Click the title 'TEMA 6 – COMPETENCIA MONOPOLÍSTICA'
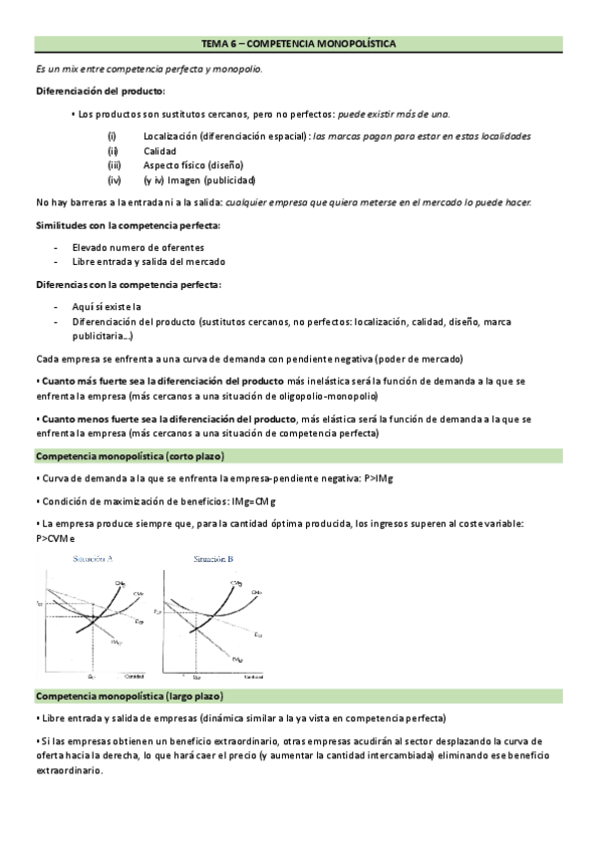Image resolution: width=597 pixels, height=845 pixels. [x=298, y=45]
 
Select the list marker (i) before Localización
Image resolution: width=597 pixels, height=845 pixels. [x=113, y=136]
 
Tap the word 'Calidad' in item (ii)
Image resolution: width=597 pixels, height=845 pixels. [x=160, y=150]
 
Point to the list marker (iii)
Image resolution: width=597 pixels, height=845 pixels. [x=115, y=165]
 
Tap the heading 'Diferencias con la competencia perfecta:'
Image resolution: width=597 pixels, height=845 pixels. [x=129, y=285]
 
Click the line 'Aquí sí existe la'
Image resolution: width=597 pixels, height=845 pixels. [x=107, y=307]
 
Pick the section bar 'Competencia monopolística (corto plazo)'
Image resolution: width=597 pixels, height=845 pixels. [x=130, y=455]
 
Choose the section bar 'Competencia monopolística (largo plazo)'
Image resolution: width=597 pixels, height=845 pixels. [x=130, y=695]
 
